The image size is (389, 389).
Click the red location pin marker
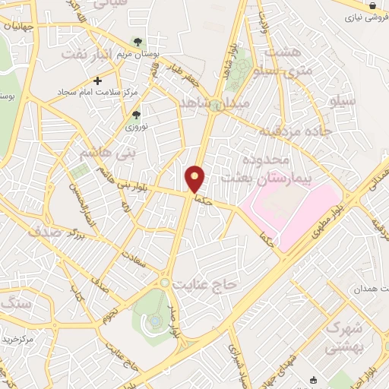point(195,179)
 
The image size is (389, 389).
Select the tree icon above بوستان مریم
point(138,43)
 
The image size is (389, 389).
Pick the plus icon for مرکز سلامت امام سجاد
point(96,80)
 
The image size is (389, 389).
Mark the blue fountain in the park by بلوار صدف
point(156,321)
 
